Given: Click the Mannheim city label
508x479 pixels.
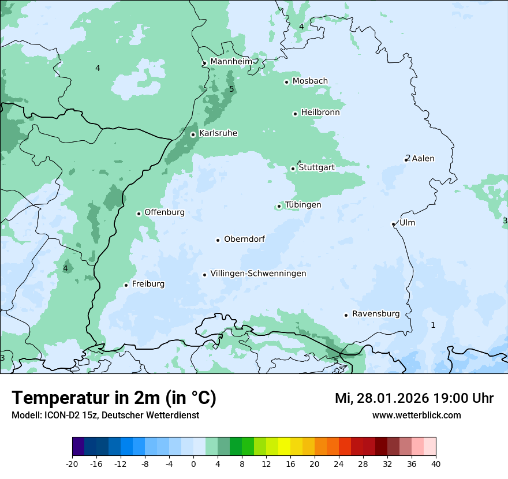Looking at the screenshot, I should click(231, 62).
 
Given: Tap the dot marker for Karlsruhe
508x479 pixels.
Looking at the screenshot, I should click(193, 134).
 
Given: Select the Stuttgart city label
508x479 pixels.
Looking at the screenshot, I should click(316, 168).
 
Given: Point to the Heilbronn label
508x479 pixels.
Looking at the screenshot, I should click(320, 113).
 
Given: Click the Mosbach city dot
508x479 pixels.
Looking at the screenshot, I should click(286, 82).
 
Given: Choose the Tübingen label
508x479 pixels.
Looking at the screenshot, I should click(303, 205).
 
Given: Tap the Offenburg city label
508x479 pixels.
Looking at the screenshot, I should click(165, 212).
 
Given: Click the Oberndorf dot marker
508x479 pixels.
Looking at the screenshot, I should click(218, 240).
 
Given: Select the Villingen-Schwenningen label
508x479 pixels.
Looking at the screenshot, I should click(258, 274).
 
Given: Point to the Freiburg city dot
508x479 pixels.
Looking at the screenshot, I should click(126, 285).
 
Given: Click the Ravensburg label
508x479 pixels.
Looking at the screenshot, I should click(376, 314).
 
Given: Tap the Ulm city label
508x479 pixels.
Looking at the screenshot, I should click(408, 223).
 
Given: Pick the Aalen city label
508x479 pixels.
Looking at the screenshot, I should click(423, 159).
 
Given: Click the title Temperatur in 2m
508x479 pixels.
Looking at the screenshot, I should click(114, 398).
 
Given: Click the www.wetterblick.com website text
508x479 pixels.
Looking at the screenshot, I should click(416, 416).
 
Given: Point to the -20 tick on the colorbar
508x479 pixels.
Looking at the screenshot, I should click(72, 464).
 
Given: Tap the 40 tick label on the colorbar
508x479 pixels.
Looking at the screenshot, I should click(436, 464).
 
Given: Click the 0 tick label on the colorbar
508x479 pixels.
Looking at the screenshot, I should click(193, 464).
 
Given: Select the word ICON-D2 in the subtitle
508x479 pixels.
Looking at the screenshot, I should click(62, 416).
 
